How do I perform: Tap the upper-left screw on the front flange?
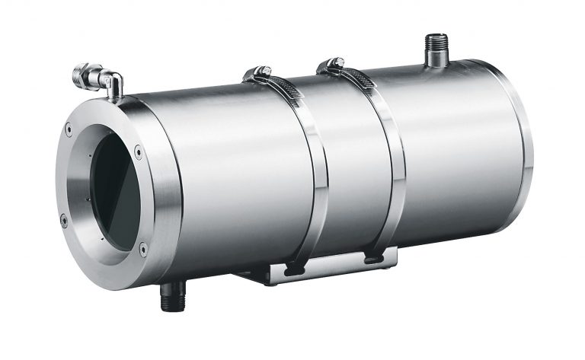point(69,130)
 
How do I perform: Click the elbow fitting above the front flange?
point(99,79)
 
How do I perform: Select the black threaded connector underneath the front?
point(171,296)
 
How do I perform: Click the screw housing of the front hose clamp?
point(257,74)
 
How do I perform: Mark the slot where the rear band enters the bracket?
point(372,260)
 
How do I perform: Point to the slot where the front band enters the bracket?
point(294,267)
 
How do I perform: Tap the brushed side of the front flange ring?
point(164,190)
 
